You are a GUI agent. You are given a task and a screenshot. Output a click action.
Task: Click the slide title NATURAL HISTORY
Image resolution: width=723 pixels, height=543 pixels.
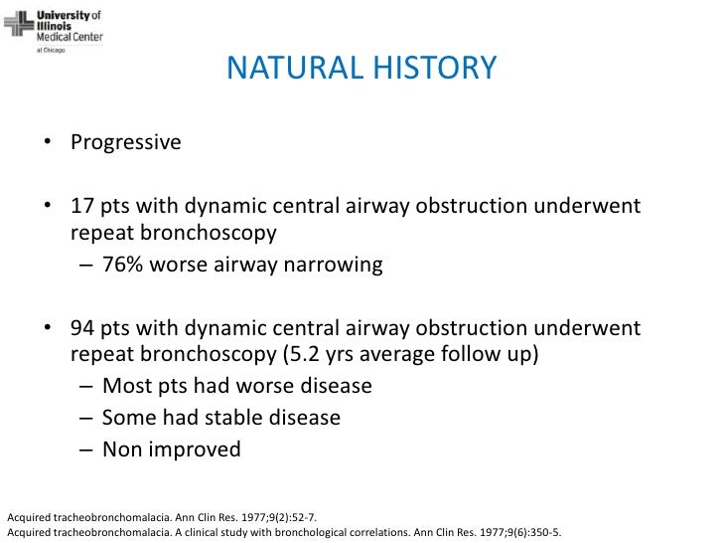point(361,69)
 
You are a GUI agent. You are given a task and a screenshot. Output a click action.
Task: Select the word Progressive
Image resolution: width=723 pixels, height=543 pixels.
point(126,142)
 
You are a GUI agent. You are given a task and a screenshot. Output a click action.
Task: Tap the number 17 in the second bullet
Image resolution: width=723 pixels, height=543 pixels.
point(82,207)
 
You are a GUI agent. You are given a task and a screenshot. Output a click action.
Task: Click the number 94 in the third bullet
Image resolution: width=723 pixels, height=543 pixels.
point(83,329)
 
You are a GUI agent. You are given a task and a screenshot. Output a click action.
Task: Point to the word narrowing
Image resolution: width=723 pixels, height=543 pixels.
point(333,267)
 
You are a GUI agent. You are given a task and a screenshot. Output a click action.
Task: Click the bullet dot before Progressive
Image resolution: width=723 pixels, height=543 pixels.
point(48,143)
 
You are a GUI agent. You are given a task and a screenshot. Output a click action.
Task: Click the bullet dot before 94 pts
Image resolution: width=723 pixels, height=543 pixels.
point(48,330)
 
